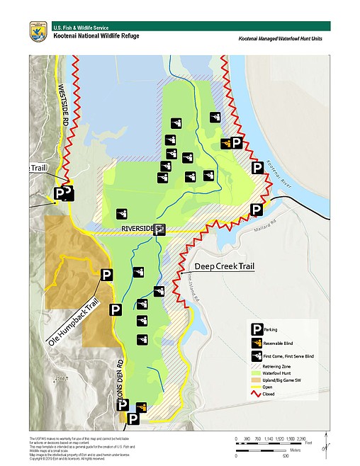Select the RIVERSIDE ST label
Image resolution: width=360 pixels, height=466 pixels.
(x=142, y=229)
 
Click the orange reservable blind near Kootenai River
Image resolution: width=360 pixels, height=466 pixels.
(x=226, y=143)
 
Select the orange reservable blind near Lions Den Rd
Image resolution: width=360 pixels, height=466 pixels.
(x=140, y=407)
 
